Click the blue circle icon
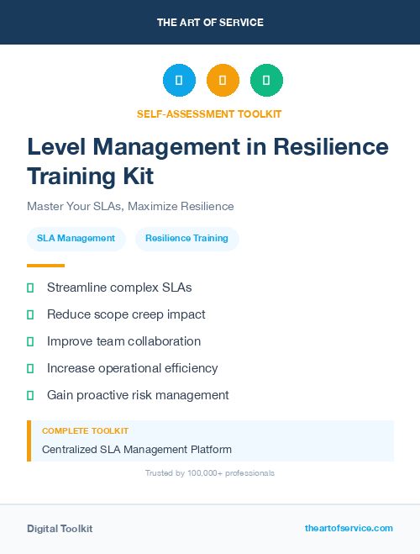click(179, 81)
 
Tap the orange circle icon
click(223, 81)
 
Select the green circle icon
click(266, 81)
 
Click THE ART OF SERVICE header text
click(210, 23)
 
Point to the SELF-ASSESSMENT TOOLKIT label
click(209, 113)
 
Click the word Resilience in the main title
click(333, 147)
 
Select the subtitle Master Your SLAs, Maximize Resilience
click(130, 206)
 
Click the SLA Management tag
click(76, 238)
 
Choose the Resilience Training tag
click(186, 238)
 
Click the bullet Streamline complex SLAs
click(119, 288)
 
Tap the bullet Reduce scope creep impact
click(126, 314)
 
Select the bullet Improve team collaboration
click(123, 341)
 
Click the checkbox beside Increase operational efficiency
click(30, 368)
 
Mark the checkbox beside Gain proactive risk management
click(30, 395)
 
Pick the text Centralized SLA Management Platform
click(137, 449)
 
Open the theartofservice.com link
click(349, 528)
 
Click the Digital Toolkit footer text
click(60, 529)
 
